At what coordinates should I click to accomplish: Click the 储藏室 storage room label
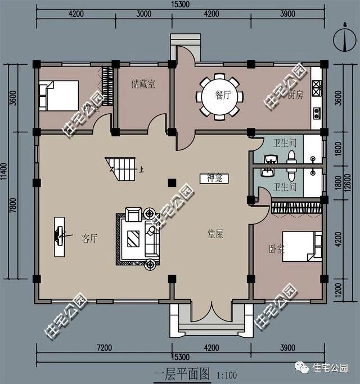143,84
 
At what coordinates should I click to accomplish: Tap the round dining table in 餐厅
219,96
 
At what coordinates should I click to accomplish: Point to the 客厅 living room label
89,238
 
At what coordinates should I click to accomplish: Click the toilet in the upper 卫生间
291,155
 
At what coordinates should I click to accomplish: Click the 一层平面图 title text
181,373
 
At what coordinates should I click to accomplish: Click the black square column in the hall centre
171,182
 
